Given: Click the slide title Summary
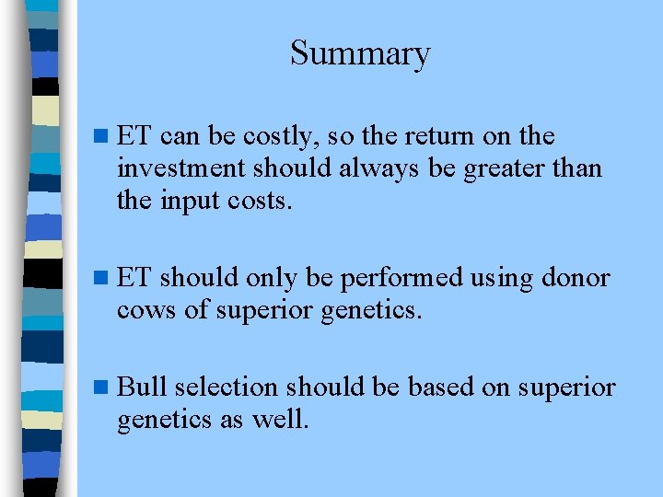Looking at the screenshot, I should click(x=360, y=54).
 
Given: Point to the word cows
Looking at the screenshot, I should click(x=145, y=310).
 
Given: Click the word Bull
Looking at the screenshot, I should click(x=142, y=387).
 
